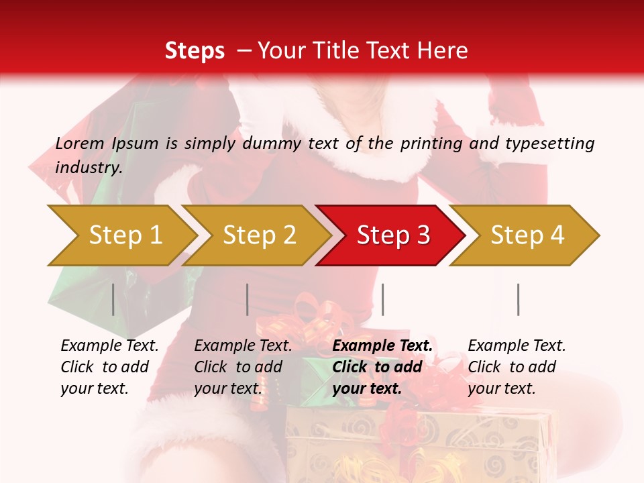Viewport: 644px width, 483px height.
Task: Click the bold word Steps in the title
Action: point(195,51)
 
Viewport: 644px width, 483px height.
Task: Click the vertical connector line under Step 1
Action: point(113,299)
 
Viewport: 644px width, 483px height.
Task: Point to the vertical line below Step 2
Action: point(248,299)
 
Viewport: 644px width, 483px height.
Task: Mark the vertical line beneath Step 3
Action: point(383,299)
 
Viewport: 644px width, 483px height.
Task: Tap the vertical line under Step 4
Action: point(519,299)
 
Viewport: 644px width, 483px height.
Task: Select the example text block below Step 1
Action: point(109,366)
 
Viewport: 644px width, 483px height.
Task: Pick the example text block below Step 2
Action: point(243,366)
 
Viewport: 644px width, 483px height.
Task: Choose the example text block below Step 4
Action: point(517,366)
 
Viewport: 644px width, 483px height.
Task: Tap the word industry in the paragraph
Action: point(88,167)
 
